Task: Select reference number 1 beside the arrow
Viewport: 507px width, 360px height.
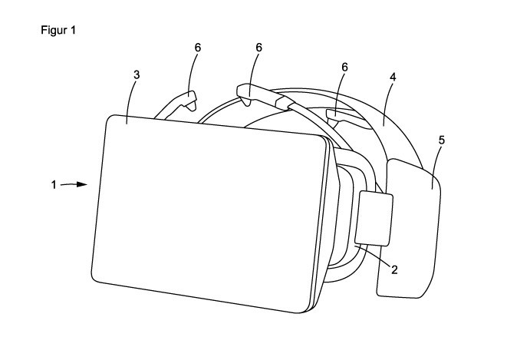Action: [54, 184]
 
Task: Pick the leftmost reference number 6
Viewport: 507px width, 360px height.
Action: [199, 48]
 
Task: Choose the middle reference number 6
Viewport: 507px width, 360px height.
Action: [259, 48]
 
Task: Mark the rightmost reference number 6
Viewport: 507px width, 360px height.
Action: [344, 68]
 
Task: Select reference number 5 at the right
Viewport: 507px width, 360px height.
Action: [442, 140]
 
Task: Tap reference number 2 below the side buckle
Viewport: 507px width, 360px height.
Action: [393, 269]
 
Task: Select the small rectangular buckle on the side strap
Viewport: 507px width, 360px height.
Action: [375, 218]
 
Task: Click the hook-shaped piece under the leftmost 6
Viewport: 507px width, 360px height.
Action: [187, 100]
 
